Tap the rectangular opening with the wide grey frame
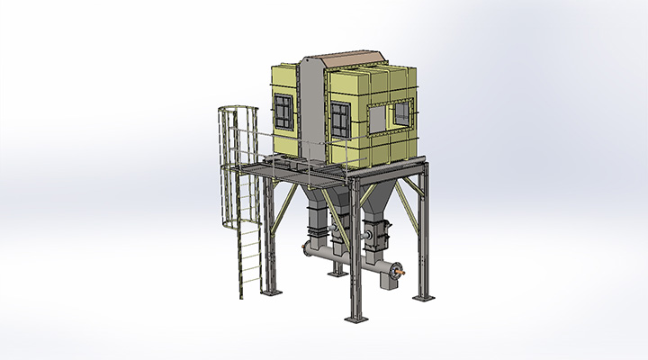(x=399, y=113)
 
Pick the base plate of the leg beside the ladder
(x=270, y=292)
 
